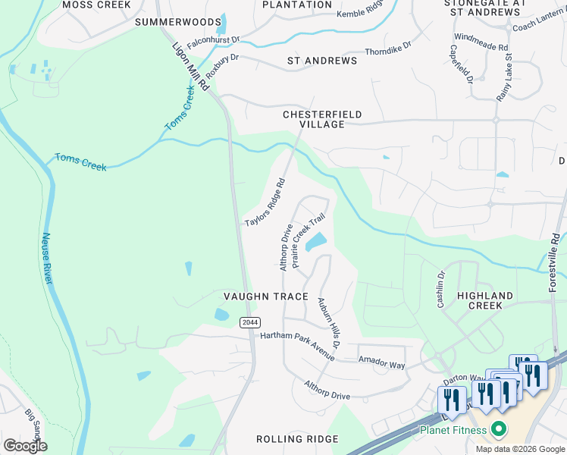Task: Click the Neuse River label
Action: pos(46,259)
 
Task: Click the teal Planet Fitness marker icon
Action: pos(498,430)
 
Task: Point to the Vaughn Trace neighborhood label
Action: pos(266,296)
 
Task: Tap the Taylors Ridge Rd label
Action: pos(265,202)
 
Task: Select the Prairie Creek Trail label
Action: pos(309,242)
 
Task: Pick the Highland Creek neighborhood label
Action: pos(485,300)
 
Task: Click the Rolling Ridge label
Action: pos(290,439)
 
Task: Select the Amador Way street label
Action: pos(382,365)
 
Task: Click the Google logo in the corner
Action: pos(25,446)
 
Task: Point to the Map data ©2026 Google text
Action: pos(519,449)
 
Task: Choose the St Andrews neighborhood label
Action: pos(322,60)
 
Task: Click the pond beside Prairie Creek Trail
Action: pos(316,242)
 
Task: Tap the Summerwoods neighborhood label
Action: pos(178,22)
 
